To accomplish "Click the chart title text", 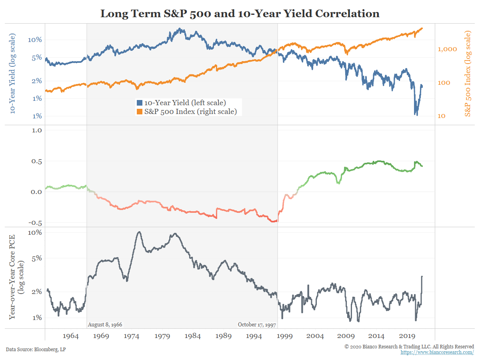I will [240, 14].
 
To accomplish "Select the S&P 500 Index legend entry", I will [187, 112].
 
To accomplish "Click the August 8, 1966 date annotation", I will [105, 324].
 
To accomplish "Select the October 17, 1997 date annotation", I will [256, 324].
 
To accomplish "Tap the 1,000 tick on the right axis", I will [448, 49].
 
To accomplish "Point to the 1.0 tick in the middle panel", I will [36, 130].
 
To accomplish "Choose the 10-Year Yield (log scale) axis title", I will [13, 74].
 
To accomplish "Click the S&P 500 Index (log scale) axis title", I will [468, 74].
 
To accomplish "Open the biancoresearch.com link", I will [437, 352].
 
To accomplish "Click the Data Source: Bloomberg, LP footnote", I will [36, 350].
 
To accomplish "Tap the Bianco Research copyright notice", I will [409, 346].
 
